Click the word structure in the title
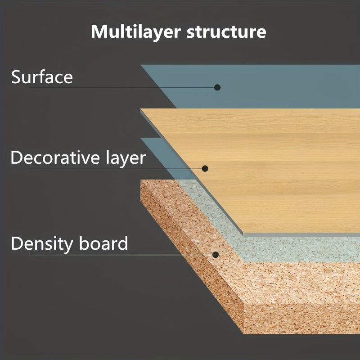(x=226, y=31)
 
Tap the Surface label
(x=42, y=77)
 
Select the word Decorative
(x=55, y=157)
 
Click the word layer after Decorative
(x=126, y=158)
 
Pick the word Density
(x=42, y=244)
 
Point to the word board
(x=103, y=243)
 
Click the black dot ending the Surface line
(x=217, y=87)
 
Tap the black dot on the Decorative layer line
(x=205, y=168)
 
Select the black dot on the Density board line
(x=216, y=255)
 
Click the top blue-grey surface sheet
(x=264, y=86)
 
